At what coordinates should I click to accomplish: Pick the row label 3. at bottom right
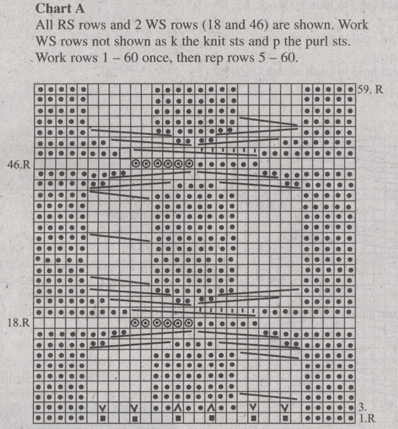click(x=361, y=407)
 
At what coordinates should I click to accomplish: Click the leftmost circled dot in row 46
click(x=135, y=164)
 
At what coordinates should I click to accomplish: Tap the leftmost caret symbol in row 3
click(x=178, y=407)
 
